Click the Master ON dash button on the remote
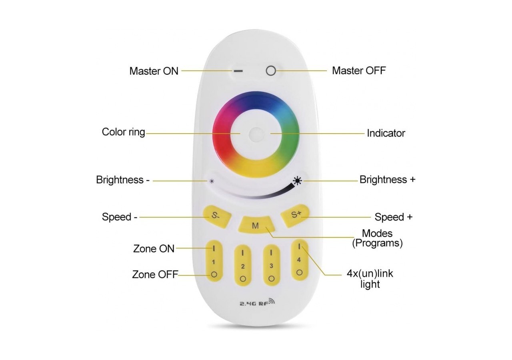point(238,71)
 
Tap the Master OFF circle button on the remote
point(271,71)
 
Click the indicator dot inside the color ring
point(255,134)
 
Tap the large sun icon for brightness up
point(297,181)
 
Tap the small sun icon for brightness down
point(212,181)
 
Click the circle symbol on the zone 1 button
point(214,274)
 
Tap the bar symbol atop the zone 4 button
point(299,246)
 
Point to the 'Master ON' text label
point(154,71)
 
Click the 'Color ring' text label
point(123,132)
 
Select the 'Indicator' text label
point(386,133)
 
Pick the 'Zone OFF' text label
point(155,275)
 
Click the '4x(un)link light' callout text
point(370,279)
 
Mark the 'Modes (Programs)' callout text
point(377,238)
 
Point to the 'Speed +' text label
point(393,217)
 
